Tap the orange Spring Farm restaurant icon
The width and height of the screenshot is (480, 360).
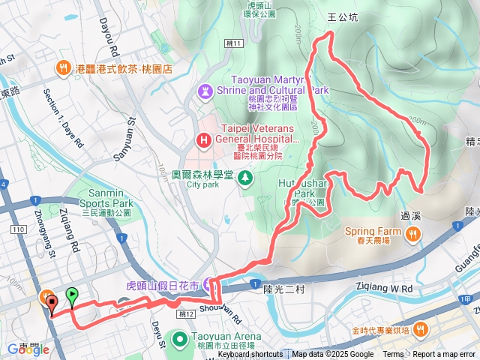[412, 235]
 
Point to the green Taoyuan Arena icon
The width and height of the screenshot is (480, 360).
[180, 339]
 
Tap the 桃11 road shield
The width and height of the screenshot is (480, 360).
[234, 44]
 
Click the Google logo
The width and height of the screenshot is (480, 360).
[25, 349]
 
